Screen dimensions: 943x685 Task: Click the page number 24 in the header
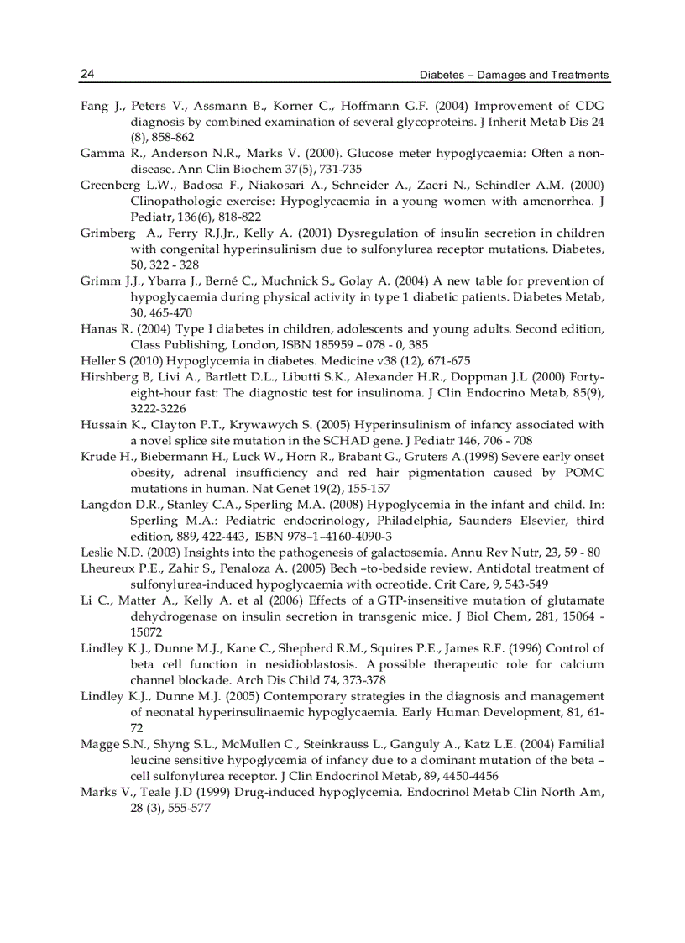(87, 74)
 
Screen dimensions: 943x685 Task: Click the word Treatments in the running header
(579, 75)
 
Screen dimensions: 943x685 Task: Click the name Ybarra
(152, 280)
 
